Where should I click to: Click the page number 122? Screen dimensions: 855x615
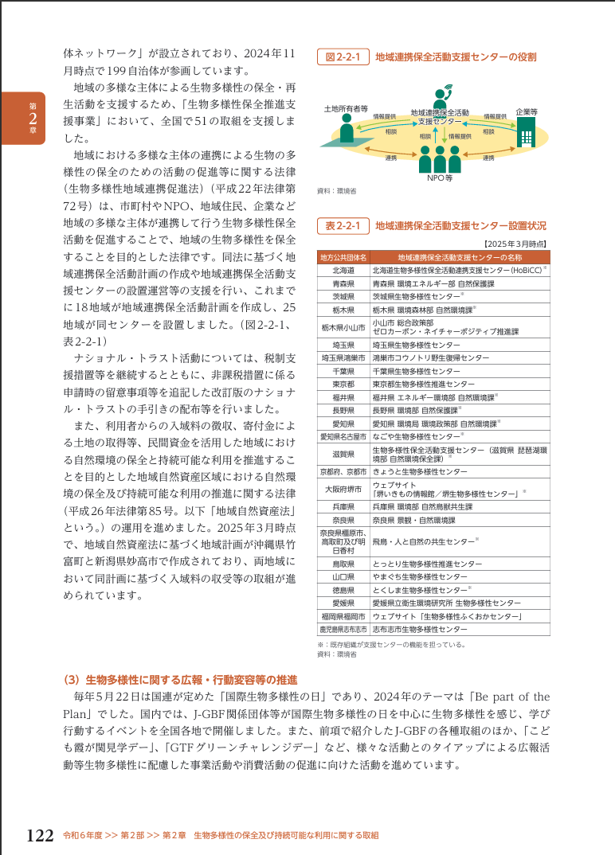(x=40, y=835)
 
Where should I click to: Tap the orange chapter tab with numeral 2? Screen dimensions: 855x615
(x=22, y=119)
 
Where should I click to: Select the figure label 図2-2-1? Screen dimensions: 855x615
(x=343, y=57)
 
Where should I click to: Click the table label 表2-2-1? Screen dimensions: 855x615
(x=343, y=226)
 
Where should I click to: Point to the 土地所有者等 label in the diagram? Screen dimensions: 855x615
(x=346, y=107)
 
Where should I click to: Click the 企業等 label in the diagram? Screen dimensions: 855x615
(x=527, y=112)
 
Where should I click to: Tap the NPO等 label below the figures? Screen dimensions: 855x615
(x=439, y=178)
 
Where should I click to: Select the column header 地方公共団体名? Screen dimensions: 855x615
(x=343, y=258)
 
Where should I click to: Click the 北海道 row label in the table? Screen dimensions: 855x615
(x=343, y=271)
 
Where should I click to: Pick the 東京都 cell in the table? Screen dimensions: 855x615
(x=343, y=383)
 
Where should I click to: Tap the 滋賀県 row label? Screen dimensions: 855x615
(x=343, y=454)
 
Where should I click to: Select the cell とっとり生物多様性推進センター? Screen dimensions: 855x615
(x=427, y=564)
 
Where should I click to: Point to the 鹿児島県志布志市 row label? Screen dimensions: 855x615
(x=343, y=628)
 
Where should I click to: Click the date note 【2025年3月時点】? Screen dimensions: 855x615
(x=515, y=244)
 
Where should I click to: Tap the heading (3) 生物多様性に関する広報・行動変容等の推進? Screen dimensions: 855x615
(x=180, y=679)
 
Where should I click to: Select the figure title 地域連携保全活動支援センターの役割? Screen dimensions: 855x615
(x=456, y=57)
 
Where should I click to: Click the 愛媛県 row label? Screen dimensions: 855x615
(x=343, y=603)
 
